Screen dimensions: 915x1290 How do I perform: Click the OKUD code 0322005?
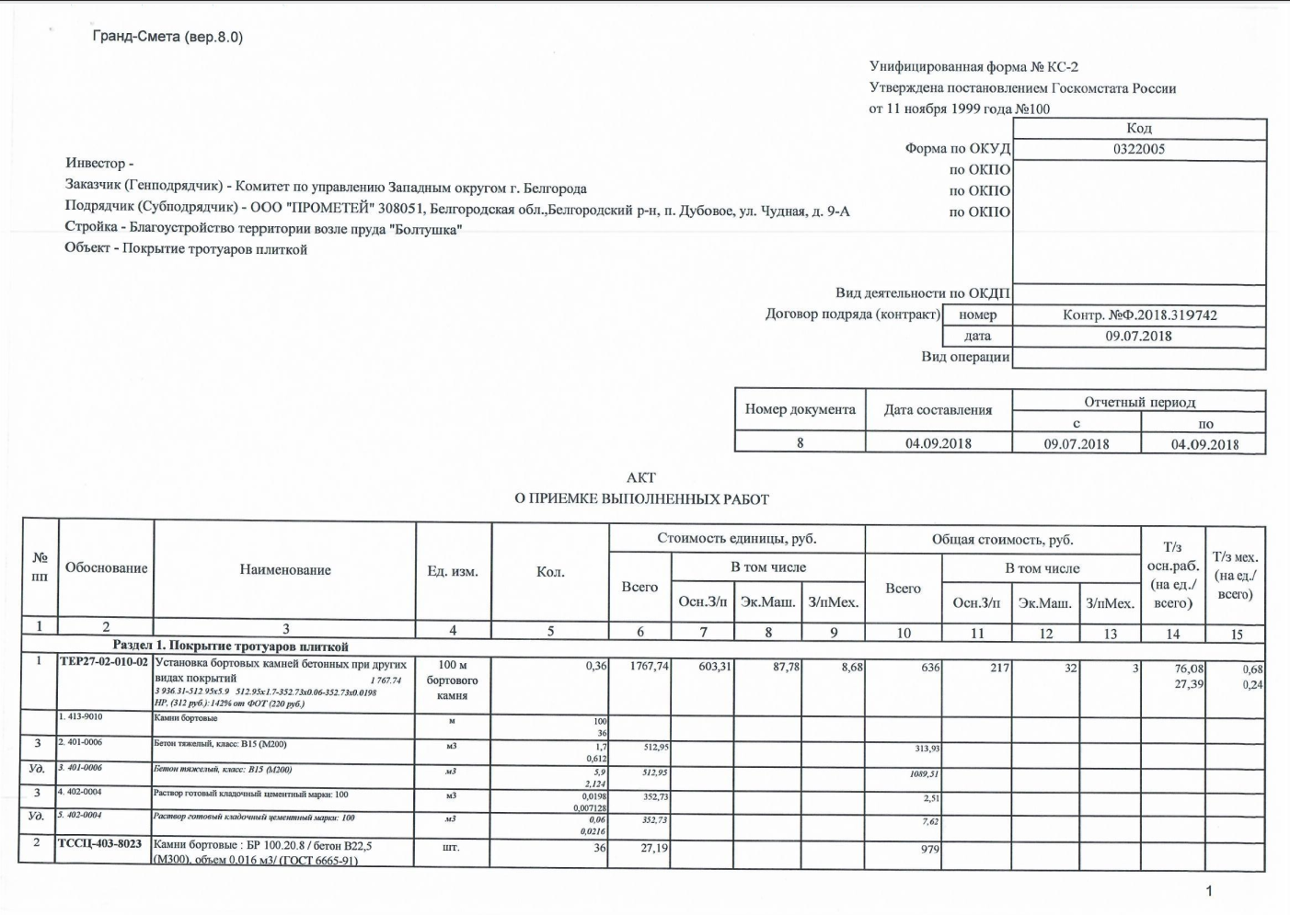1138,149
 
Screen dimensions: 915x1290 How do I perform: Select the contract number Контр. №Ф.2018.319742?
1139,315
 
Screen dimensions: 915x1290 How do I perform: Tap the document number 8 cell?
800,442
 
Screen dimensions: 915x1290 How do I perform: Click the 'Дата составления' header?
938,410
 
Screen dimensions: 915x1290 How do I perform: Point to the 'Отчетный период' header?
1139,402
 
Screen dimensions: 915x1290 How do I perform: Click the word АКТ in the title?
641,477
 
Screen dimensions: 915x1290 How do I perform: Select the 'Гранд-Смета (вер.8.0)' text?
167,37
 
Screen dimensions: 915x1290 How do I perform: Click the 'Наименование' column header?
285,570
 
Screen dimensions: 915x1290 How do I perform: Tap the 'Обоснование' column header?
106,568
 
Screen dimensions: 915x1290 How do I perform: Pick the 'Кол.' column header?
550,572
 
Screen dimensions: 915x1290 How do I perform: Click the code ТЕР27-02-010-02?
104,664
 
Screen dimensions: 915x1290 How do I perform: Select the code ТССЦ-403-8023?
100,845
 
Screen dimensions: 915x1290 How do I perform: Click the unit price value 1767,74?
650,666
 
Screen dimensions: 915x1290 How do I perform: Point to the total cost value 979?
930,849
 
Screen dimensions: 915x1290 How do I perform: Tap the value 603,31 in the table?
714,666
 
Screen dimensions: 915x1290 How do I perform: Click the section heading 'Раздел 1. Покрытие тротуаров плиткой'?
230,646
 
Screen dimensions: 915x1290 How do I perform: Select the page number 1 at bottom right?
1209,890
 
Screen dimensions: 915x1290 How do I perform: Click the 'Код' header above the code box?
1138,129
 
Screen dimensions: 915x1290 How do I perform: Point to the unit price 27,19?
653,848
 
